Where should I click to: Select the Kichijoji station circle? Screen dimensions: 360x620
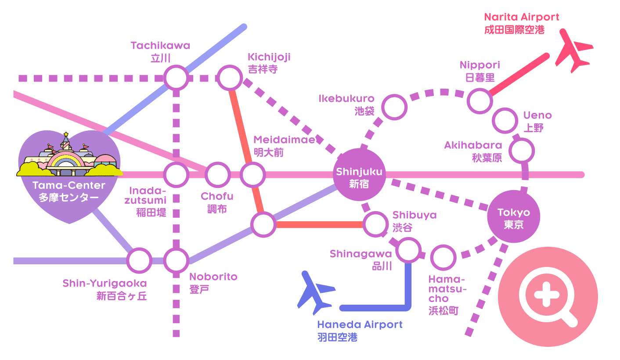click(230, 78)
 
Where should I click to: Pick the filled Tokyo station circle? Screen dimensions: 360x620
click(513, 217)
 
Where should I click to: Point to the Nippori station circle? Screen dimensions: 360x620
click(479, 100)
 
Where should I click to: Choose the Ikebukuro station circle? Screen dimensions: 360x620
click(394, 107)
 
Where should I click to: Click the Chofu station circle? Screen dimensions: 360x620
click(218, 175)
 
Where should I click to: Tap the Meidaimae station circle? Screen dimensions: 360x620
click(253, 175)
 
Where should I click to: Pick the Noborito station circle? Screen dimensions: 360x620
click(177, 260)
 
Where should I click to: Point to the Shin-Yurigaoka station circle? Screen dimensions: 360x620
click(139, 260)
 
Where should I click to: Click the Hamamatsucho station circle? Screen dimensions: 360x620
click(443, 258)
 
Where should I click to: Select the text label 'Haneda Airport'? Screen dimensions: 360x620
click(360, 325)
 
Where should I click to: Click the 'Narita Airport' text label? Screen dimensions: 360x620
click(521, 17)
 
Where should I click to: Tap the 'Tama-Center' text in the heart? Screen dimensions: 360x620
click(68, 185)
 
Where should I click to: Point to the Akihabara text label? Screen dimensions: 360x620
click(472, 145)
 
